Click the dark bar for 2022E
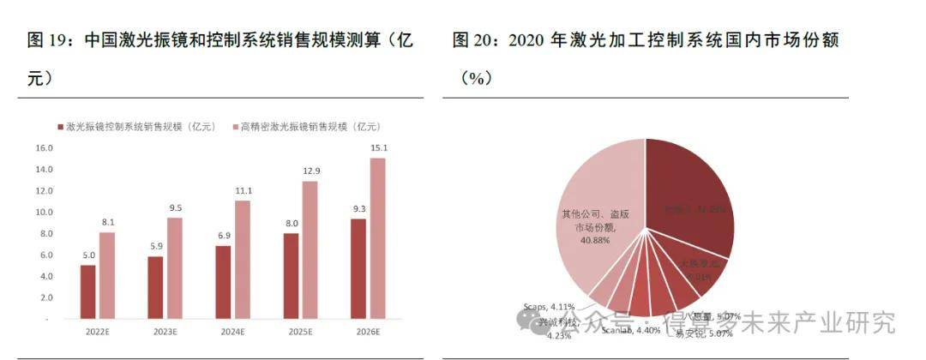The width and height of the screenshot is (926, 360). tap(87, 291)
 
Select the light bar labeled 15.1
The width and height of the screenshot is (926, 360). tap(378, 237)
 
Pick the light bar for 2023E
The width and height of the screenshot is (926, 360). tap(175, 267)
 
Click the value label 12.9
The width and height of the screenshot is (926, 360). tap(310, 172)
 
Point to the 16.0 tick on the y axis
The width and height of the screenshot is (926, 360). tap(43, 148)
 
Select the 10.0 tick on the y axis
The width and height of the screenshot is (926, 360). tap(43, 213)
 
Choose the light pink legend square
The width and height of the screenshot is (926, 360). tap(235, 127)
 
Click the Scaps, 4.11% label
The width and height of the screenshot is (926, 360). tap(550, 305)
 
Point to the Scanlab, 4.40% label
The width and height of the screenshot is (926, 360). tap(630, 330)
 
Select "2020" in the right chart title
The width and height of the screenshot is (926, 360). tap(529, 40)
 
